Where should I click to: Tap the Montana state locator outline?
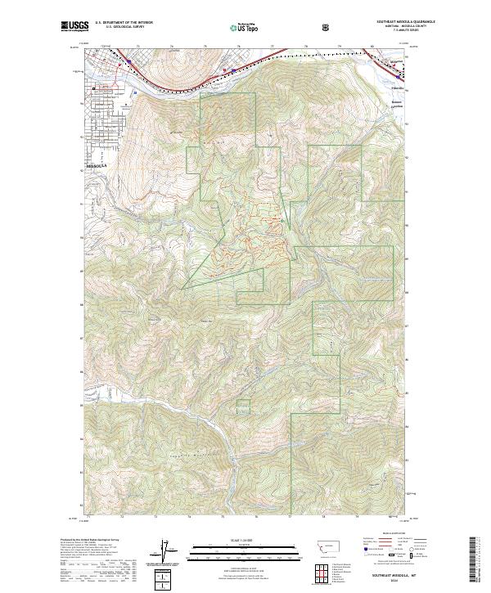(326, 550)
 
